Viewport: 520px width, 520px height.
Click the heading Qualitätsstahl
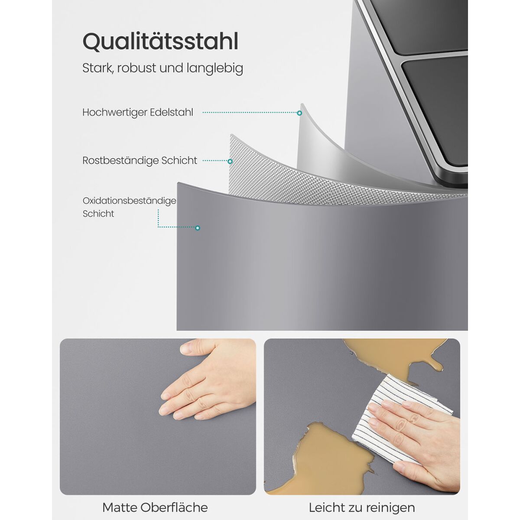(160, 42)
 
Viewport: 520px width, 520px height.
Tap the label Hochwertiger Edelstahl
(138, 113)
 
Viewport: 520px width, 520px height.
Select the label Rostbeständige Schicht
(140, 161)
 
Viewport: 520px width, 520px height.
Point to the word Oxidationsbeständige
(129, 201)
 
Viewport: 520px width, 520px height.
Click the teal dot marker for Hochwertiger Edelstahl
(299, 113)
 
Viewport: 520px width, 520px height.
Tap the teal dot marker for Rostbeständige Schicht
(230, 161)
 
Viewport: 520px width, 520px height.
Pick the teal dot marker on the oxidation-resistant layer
(198, 228)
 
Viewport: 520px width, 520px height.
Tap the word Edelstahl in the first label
(171, 113)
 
